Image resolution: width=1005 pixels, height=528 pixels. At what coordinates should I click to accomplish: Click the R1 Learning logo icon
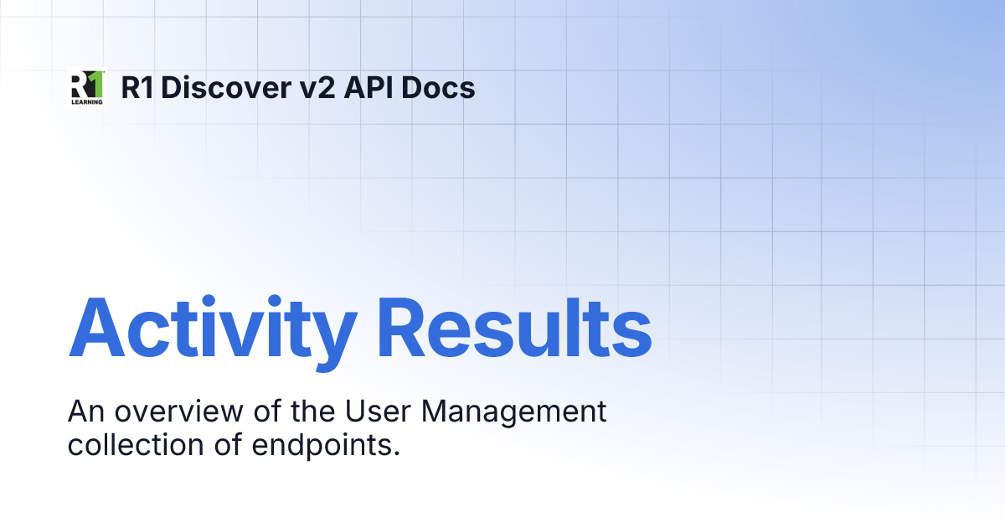tap(86, 87)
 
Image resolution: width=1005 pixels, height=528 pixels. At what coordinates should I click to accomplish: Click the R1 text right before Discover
tap(140, 87)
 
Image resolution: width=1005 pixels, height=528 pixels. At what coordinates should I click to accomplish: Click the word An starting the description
tap(85, 412)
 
